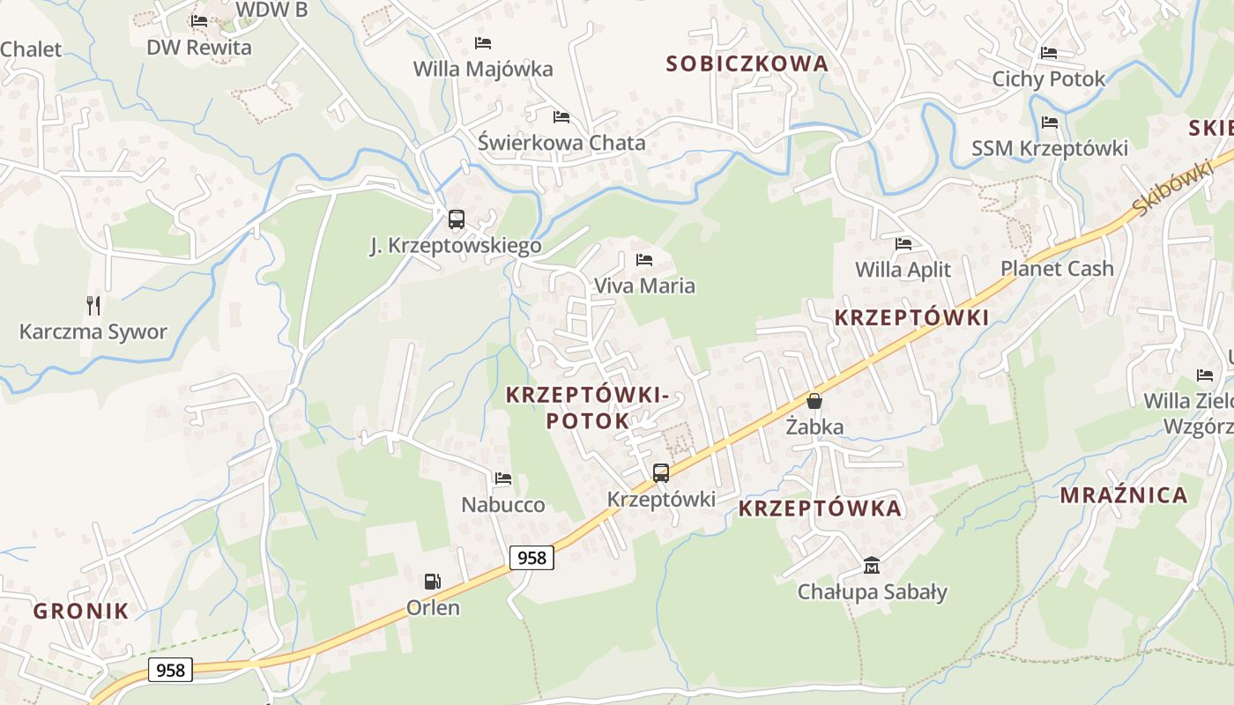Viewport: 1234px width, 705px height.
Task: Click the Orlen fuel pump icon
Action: [x=432, y=582]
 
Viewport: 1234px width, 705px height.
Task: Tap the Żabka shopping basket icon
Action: [x=814, y=401]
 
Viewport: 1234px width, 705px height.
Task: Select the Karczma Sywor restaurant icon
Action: [x=93, y=306]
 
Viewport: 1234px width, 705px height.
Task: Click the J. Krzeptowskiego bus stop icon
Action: [x=456, y=219]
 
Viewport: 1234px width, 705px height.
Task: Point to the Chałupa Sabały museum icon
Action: [x=872, y=565]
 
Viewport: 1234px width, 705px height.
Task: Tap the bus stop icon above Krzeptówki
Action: [x=661, y=473]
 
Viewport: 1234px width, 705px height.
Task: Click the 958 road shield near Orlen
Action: [x=532, y=558]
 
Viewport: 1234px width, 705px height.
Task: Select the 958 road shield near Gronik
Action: [x=169, y=670]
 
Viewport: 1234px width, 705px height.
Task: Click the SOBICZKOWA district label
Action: [x=747, y=63]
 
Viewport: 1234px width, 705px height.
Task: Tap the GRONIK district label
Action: [x=81, y=611]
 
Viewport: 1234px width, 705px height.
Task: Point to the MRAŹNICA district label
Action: [x=1124, y=495]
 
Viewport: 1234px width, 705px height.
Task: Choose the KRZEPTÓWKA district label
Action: [x=820, y=508]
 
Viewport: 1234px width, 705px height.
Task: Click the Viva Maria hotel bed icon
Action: [x=644, y=260]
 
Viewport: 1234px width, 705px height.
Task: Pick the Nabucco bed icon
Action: [x=503, y=479]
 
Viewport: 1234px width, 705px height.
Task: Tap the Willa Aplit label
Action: [x=903, y=270]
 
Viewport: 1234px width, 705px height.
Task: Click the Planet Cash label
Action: [x=1057, y=269]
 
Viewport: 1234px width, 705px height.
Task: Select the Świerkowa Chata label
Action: [x=561, y=143]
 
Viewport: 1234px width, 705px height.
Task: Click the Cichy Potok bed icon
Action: [x=1049, y=53]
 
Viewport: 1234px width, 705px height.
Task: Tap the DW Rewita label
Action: [x=199, y=48]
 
